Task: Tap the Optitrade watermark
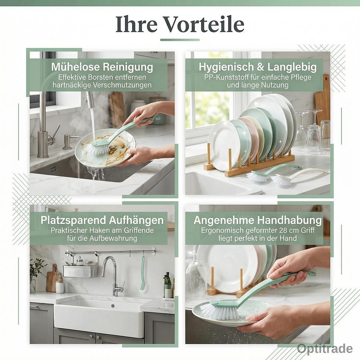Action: [x=324, y=348]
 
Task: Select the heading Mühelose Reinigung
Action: [x=102, y=67]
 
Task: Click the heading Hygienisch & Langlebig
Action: [x=258, y=67]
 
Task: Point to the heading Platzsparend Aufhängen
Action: [x=102, y=220]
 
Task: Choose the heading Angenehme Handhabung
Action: [x=258, y=220]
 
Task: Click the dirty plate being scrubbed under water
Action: [x=105, y=147]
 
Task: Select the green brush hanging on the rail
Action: [x=143, y=275]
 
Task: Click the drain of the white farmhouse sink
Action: [x=112, y=306]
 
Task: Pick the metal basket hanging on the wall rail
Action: [x=80, y=271]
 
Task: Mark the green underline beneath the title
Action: [x=180, y=40]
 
